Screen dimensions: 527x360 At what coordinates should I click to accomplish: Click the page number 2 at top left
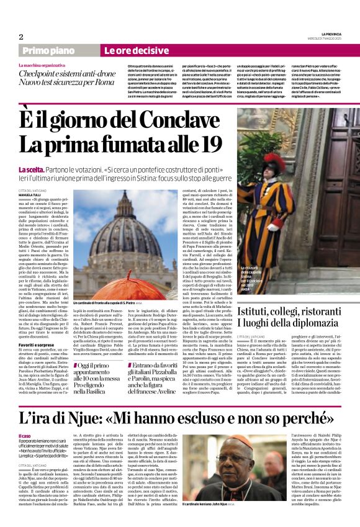point(21,37)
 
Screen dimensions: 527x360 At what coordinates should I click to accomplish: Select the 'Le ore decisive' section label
point(128,50)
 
